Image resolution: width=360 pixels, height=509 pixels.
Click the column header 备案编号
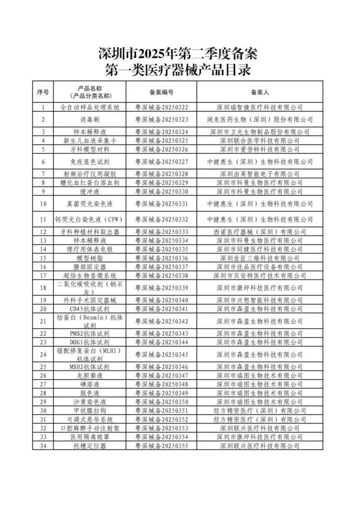click(x=162, y=92)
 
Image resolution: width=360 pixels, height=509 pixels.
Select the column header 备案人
click(x=260, y=92)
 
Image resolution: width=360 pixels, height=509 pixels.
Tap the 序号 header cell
click(x=43, y=92)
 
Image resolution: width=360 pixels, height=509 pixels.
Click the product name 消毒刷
click(x=90, y=119)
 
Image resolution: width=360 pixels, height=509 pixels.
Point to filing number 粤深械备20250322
click(x=162, y=107)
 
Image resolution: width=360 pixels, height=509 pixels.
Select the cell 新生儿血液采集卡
click(x=90, y=140)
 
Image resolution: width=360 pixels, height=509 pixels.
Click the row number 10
click(x=43, y=203)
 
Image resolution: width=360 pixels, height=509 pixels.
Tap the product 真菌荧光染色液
click(x=90, y=203)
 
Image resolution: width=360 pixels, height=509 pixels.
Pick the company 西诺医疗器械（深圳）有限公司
click(x=260, y=232)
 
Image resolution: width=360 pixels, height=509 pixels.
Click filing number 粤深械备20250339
click(x=162, y=288)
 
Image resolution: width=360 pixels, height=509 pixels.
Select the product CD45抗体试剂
click(x=90, y=309)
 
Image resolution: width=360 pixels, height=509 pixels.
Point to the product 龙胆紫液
click(x=90, y=375)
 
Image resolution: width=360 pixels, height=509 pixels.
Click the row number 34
click(x=43, y=446)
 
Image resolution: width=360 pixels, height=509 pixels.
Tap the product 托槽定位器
click(x=90, y=446)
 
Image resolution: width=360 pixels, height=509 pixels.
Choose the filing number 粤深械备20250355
click(x=162, y=446)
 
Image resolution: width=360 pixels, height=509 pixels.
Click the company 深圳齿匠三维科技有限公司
click(x=260, y=258)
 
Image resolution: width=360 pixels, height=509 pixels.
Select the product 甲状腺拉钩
click(x=90, y=410)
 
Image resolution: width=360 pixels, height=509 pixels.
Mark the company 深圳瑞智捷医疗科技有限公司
click(x=260, y=107)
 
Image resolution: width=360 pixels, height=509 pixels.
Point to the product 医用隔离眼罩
click(x=90, y=437)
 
